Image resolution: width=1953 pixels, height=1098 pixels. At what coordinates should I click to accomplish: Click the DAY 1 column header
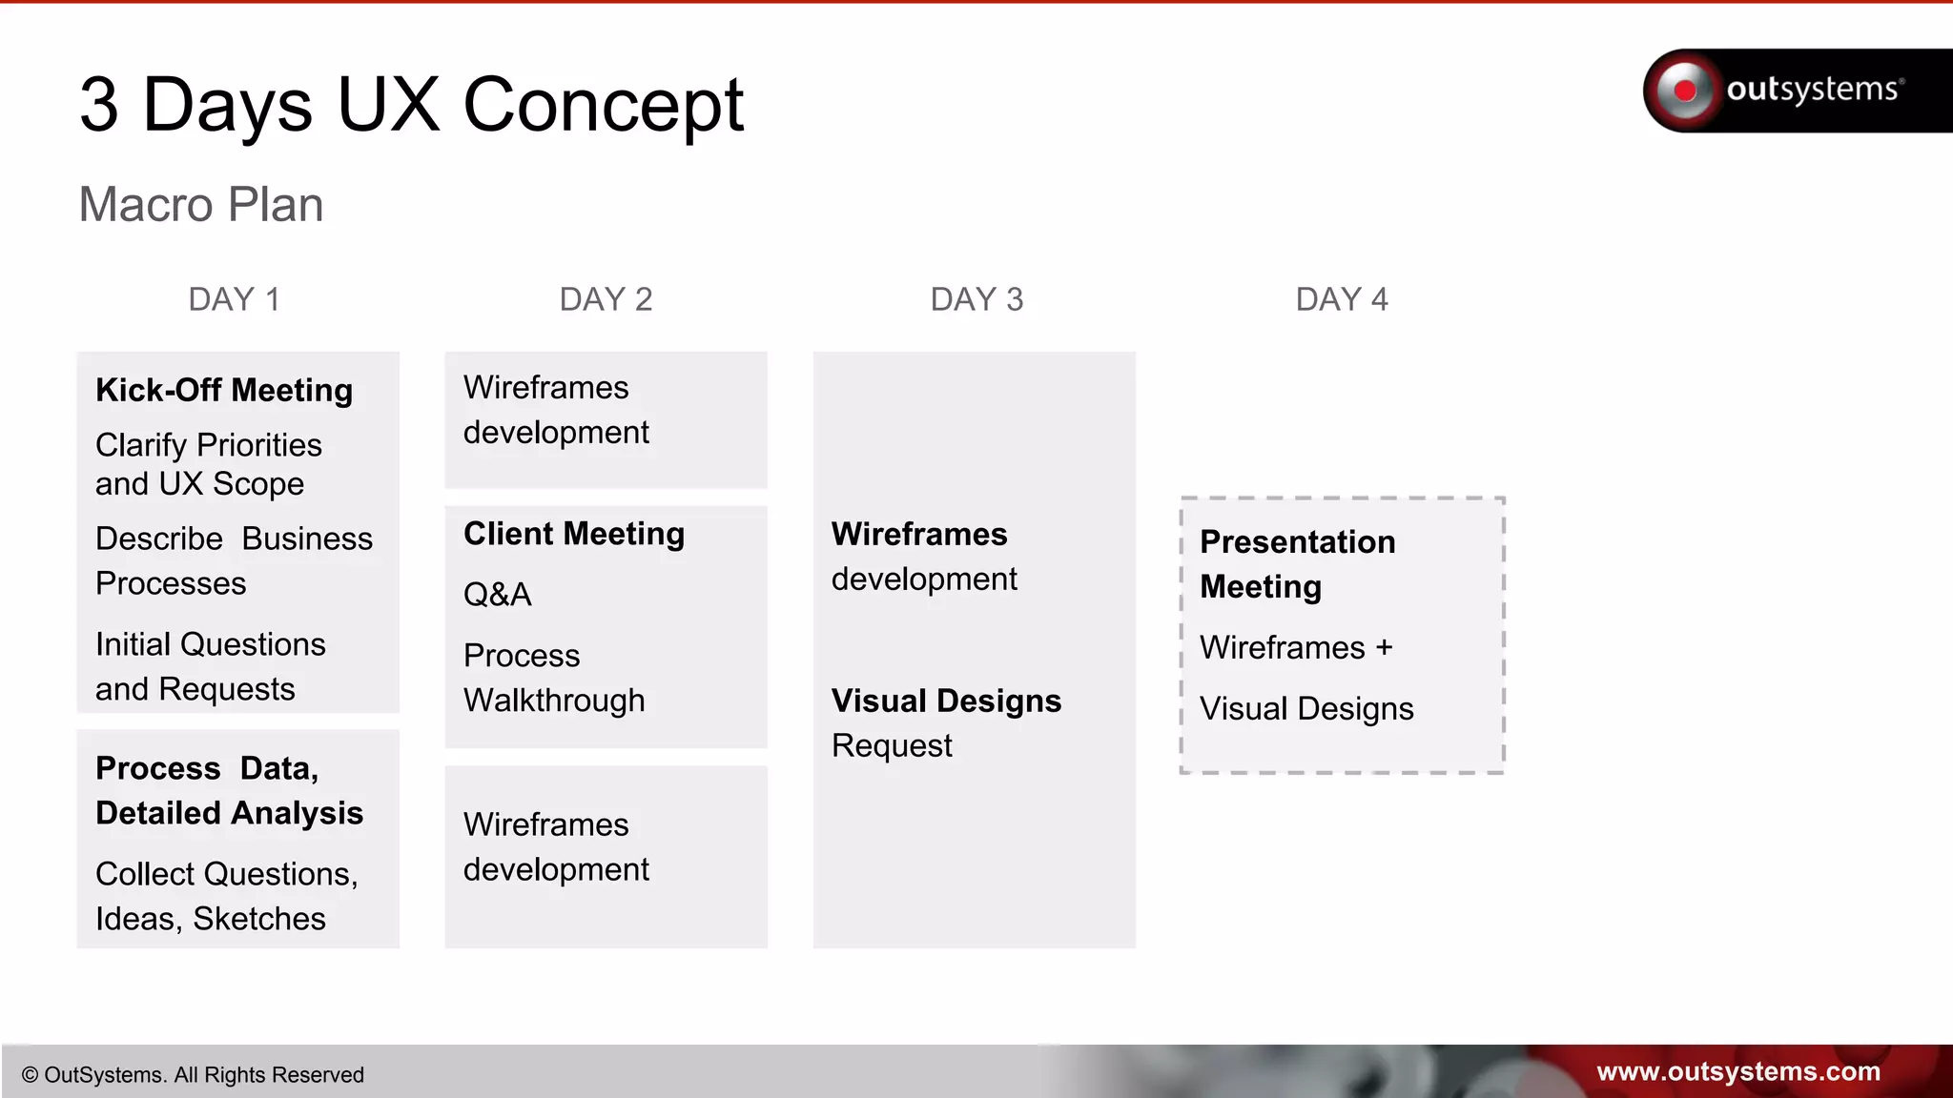pyautogui.click(x=235, y=299)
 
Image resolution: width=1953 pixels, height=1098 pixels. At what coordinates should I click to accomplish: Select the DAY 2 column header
pyautogui.click(x=606, y=299)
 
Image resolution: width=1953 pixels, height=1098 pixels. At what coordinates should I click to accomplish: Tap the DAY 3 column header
pyautogui.click(x=976, y=299)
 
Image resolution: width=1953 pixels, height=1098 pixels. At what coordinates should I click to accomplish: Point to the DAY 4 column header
pyautogui.click(x=1342, y=299)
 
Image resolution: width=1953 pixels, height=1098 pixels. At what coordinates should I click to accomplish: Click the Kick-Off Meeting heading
pyautogui.click(x=224, y=390)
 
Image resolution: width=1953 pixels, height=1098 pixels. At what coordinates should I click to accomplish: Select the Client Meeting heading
pyautogui.click(x=574, y=534)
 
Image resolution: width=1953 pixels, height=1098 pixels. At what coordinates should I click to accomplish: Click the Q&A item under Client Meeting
pyautogui.click(x=497, y=595)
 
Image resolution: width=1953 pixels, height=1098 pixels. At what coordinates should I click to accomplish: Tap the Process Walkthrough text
pyautogui.click(x=553, y=678)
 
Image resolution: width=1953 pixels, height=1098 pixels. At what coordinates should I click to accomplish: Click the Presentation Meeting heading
pyautogui.click(x=1297, y=563)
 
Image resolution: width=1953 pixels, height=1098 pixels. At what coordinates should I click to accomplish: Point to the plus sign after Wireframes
pyautogui.click(x=1384, y=647)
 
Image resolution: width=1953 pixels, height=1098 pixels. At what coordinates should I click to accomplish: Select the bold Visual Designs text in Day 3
pyautogui.click(x=946, y=701)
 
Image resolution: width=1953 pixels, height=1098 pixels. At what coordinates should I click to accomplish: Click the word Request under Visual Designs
pyautogui.click(x=892, y=745)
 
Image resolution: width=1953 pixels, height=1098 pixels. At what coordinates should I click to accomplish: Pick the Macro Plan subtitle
pyautogui.click(x=201, y=204)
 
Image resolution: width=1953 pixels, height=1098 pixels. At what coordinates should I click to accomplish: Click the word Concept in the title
pyautogui.click(x=603, y=104)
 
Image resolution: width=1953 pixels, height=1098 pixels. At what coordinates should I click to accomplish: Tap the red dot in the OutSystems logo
pyautogui.click(x=1685, y=91)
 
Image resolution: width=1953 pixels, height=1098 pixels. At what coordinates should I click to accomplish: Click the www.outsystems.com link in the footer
pyautogui.click(x=1737, y=1071)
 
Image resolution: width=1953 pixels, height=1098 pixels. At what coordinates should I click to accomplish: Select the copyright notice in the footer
pyautogui.click(x=193, y=1075)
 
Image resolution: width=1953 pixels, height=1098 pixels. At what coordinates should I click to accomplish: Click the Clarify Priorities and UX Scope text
pyautogui.click(x=208, y=464)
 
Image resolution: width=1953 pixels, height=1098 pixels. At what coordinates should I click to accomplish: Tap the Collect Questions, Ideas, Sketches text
pyautogui.click(x=226, y=896)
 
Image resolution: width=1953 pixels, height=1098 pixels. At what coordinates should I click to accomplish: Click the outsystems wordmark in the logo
pyautogui.click(x=1812, y=90)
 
